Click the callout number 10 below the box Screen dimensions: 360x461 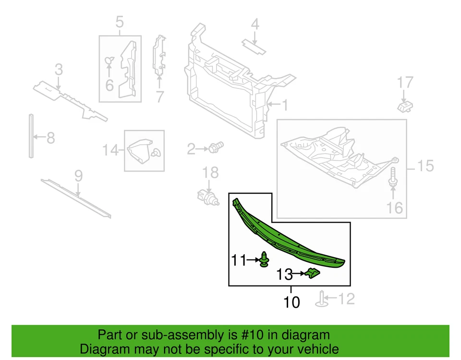[x=291, y=302]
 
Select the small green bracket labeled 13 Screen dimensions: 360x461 [x=313, y=273]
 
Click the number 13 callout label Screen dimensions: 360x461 [x=284, y=274]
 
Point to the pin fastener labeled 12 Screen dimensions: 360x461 [x=321, y=298]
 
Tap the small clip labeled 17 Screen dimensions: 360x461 [x=405, y=105]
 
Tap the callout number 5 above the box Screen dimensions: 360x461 [x=119, y=22]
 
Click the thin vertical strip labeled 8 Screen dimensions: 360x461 [x=31, y=136]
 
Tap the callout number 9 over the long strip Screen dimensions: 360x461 [x=78, y=175]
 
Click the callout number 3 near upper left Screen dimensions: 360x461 [x=58, y=70]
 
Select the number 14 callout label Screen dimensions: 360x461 [x=110, y=150]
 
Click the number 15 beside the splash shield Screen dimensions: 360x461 [x=425, y=166]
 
